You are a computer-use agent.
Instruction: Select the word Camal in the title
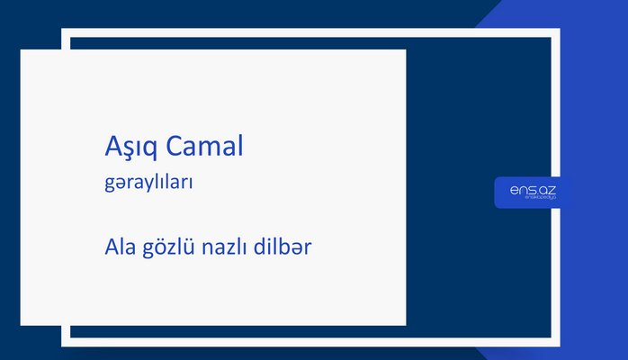click(206, 147)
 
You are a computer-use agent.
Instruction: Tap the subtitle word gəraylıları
click(149, 182)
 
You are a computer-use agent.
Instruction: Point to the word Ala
click(119, 245)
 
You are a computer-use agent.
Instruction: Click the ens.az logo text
click(532, 191)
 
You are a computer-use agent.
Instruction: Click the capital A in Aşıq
click(112, 146)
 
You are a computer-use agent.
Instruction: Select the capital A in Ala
click(111, 245)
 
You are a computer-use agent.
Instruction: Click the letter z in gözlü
click(172, 247)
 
